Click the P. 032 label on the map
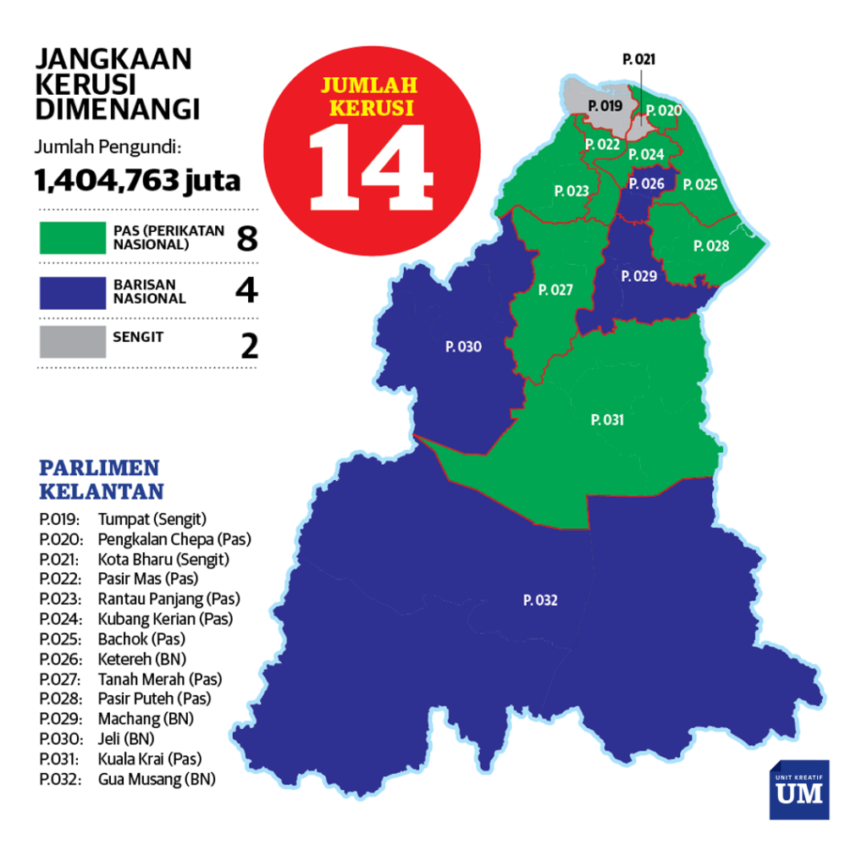click(540, 600)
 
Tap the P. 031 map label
click(607, 419)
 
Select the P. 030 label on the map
click(463, 346)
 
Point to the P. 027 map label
click(555, 290)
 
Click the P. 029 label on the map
click(638, 276)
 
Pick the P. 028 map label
click(710, 246)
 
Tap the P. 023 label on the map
click(572, 191)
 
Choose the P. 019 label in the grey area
click(605, 106)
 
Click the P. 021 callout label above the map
click(638, 59)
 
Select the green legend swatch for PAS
click(72, 238)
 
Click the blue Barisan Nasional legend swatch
click(72, 291)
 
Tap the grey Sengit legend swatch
click(72, 341)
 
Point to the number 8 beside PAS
click(246, 239)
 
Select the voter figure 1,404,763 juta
click(137, 180)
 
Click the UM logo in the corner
click(798, 790)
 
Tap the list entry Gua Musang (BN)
click(157, 779)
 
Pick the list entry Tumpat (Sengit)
click(152, 519)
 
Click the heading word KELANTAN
click(102, 491)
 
